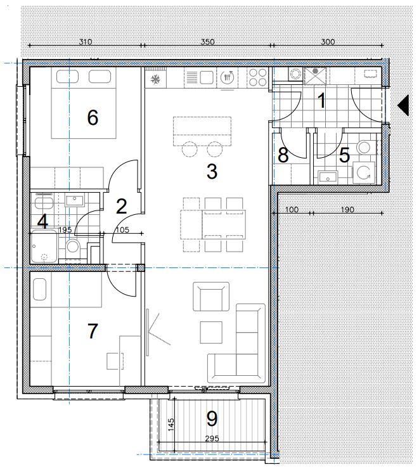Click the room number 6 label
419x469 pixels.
(x=93, y=117)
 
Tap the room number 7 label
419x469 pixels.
(x=93, y=331)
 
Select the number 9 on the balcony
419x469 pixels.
(x=212, y=418)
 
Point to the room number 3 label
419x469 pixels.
(x=212, y=171)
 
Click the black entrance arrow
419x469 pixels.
(x=403, y=105)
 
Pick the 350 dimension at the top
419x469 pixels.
(x=207, y=41)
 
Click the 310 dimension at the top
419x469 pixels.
(x=85, y=41)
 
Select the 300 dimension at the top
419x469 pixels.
(x=328, y=41)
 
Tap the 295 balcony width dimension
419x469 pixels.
(x=212, y=439)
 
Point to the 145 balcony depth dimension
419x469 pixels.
(x=171, y=425)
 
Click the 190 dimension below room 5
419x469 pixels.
(x=347, y=209)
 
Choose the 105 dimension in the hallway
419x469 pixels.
(x=122, y=229)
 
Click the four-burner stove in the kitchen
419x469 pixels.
(x=257, y=77)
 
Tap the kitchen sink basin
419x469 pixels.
(x=206, y=78)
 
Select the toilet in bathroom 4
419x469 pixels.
(x=73, y=247)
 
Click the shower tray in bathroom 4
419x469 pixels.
(x=44, y=247)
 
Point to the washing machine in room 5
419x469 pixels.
(x=364, y=172)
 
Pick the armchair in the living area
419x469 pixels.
(x=211, y=296)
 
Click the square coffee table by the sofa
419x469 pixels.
(x=211, y=332)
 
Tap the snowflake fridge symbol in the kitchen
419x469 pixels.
(x=155, y=79)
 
